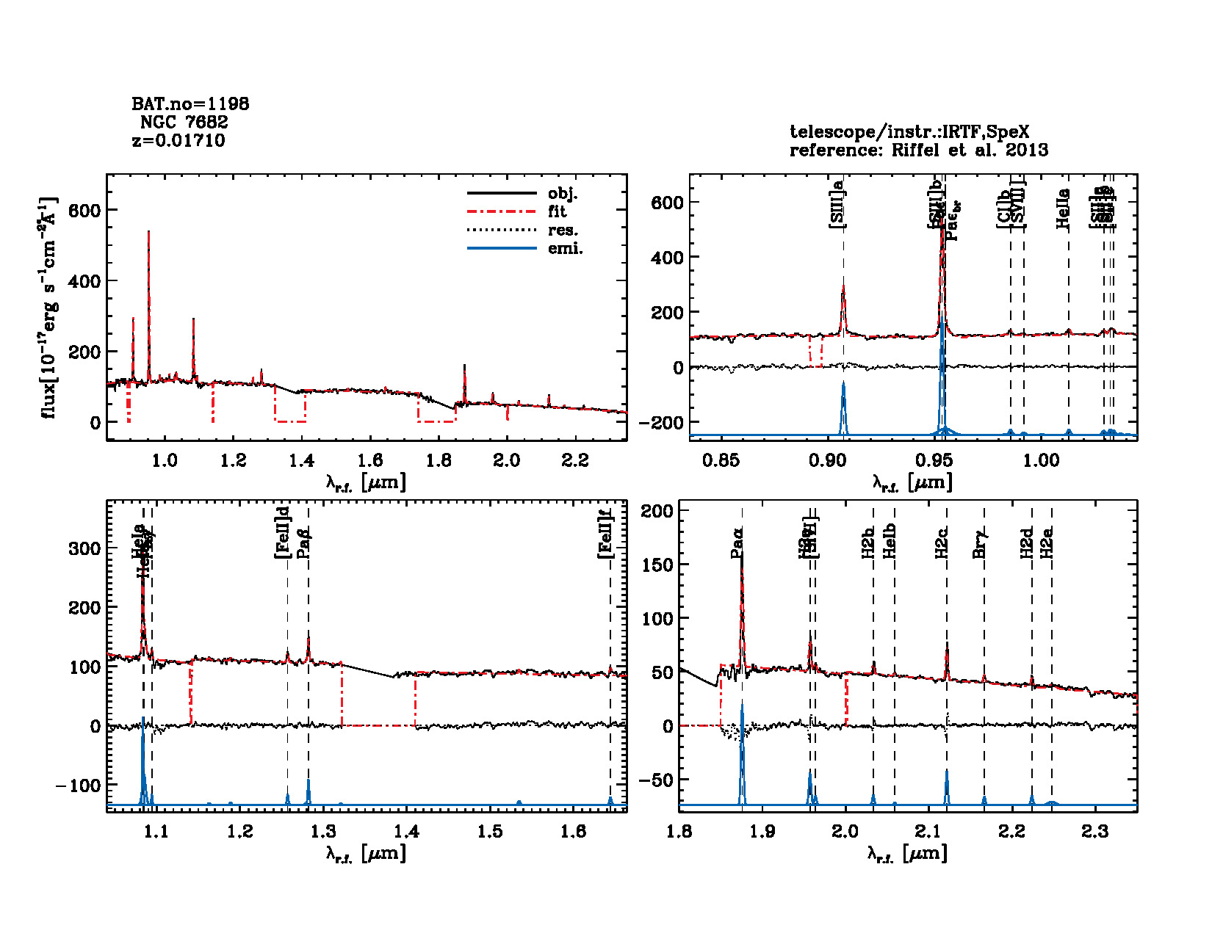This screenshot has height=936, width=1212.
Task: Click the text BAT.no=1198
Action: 190,104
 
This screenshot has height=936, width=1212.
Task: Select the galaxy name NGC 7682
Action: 184,123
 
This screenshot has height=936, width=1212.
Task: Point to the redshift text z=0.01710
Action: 178,141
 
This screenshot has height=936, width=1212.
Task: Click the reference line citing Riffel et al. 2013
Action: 918,150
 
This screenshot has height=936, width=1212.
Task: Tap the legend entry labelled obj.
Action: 563,194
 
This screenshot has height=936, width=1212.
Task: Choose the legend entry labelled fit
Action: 558,212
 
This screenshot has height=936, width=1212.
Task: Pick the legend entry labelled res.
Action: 563,231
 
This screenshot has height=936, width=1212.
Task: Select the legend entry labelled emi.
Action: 565,249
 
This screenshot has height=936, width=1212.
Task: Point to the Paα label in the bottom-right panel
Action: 737,543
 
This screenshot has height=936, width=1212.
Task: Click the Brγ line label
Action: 979,543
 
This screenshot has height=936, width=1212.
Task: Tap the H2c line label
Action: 942,543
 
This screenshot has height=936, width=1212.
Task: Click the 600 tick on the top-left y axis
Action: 84,211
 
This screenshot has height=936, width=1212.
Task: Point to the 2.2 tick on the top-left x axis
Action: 575,461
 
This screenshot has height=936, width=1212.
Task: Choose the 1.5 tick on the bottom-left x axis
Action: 490,832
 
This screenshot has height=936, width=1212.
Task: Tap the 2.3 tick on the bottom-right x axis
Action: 1095,832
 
